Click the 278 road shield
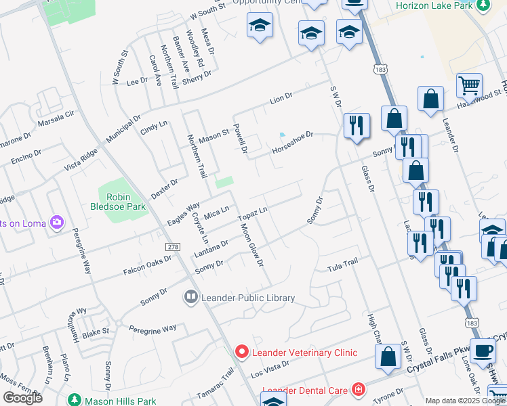(173, 248)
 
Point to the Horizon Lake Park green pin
(483, 7)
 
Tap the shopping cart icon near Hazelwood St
(468, 85)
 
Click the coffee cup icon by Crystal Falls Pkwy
(483, 351)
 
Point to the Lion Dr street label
(281, 99)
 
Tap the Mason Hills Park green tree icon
(75, 401)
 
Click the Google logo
(22, 398)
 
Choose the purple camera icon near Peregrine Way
(58, 222)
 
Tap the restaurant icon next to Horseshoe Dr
(356, 126)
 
